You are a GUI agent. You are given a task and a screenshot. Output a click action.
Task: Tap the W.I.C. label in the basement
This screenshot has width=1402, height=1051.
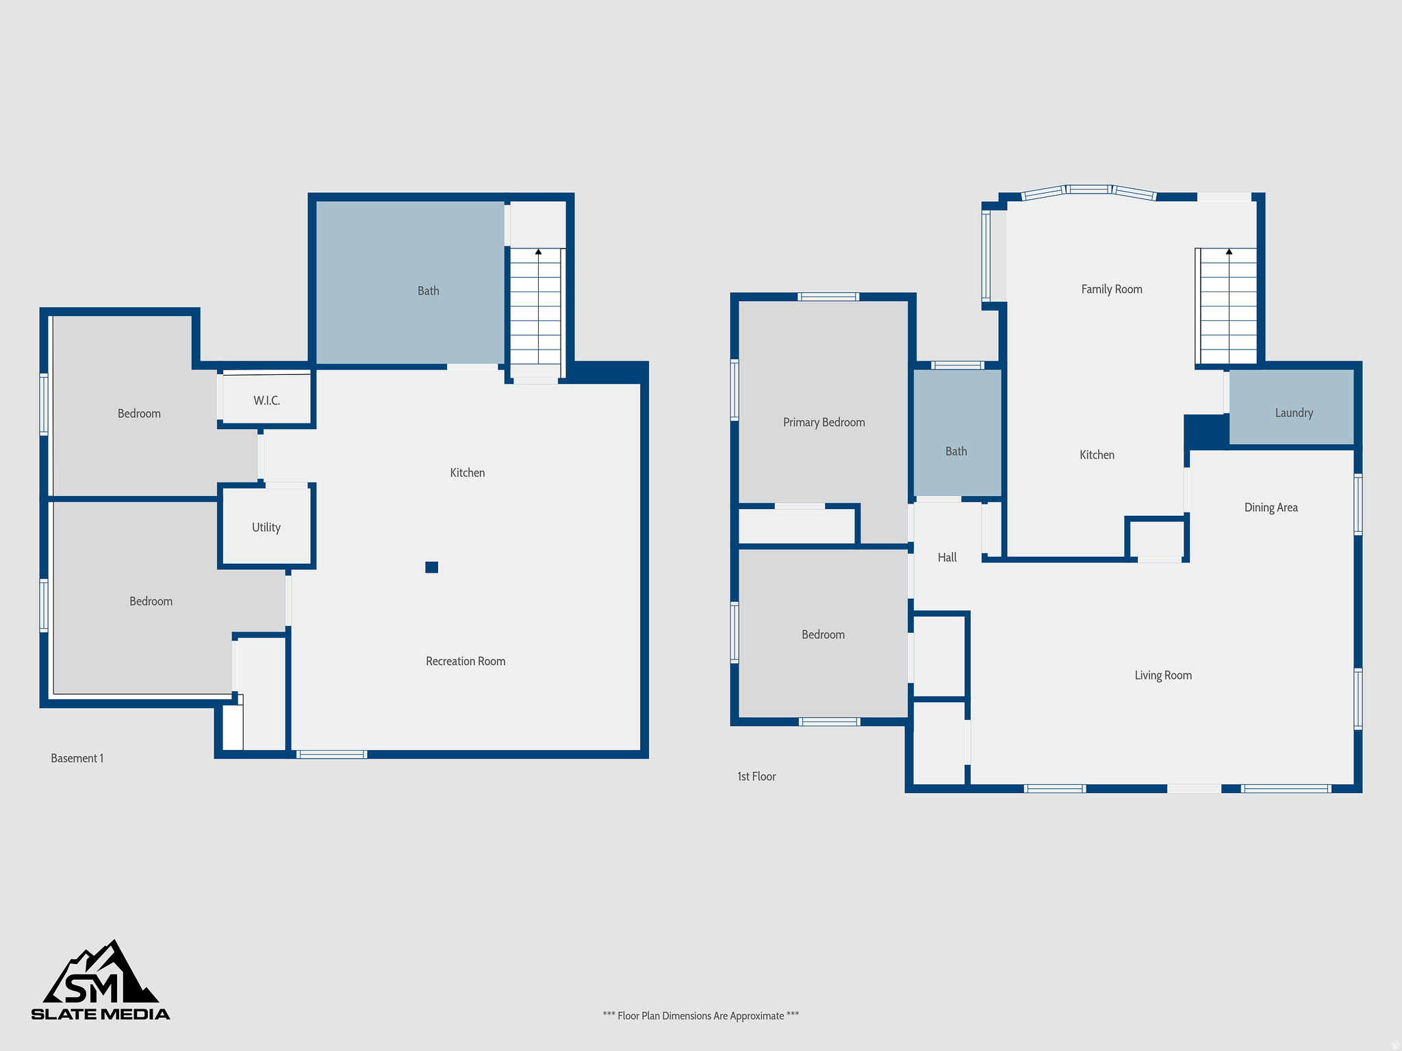[267, 401]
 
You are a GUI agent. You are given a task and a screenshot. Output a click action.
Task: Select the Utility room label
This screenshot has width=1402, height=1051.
[266, 528]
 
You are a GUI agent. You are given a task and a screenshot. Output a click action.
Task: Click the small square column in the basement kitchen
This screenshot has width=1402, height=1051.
[431, 567]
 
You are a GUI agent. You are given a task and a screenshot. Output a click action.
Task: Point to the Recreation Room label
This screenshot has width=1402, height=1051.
[466, 662]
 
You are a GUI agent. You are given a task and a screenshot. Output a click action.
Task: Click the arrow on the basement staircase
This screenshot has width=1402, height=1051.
[539, 252]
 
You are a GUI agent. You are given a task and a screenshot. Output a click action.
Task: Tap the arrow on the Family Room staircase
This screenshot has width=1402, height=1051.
[1229, 252]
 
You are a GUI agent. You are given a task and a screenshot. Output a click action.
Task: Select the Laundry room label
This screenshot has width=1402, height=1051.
[1294, 413]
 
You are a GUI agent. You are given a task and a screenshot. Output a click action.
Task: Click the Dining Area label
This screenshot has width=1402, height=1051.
[1271, 508]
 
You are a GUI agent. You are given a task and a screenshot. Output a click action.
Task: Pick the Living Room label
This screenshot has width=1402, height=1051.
[1163, 676]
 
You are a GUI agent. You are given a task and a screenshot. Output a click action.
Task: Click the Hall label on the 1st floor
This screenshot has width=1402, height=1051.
[947, 558]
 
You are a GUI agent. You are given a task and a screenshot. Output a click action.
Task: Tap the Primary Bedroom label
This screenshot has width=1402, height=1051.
[824, 423]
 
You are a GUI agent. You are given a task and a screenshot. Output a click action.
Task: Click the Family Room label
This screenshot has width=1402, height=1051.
[1112, 289]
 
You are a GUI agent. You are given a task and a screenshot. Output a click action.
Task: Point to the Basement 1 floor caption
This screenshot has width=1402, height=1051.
[77, 758]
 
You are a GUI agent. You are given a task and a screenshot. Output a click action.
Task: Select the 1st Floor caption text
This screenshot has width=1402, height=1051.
[756, 777]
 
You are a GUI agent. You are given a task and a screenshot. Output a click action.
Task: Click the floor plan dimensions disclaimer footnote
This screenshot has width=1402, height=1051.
[700, 1016]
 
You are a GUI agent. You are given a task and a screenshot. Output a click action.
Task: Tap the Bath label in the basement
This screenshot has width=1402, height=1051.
[429, 291]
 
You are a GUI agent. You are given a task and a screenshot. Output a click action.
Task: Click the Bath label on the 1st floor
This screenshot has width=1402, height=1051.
[956, 452]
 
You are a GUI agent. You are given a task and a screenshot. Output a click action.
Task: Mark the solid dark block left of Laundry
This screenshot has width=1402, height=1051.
[1206, 431]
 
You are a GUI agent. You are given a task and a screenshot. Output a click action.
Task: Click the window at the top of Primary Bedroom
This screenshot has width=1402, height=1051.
[828, 297]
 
